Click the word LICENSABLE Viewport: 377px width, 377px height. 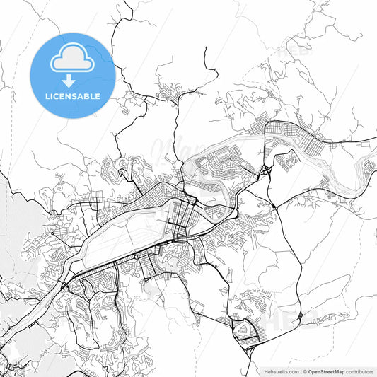click(73, 96)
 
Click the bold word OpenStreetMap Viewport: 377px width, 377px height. click(327, 371)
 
